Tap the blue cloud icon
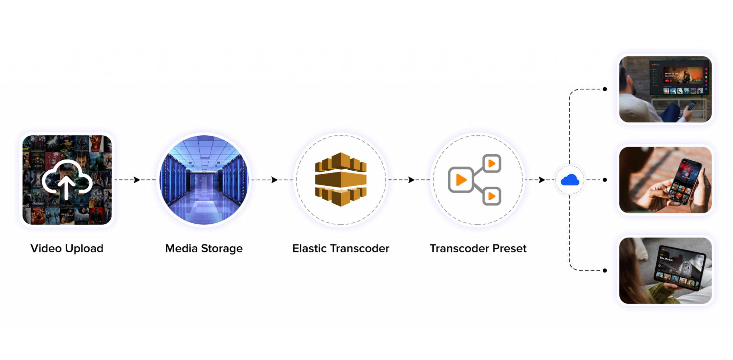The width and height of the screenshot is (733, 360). [x=570, y=180]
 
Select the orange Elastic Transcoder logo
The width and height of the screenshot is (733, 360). [x=341, y=179]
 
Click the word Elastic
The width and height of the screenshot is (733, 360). [x=310, y=248]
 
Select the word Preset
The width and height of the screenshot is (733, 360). [x=509, y=248]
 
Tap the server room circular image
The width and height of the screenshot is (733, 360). [x=204, y=180]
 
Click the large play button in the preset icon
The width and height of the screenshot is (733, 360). [x=461, y=180]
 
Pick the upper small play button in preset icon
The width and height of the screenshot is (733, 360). [x=492, y=164]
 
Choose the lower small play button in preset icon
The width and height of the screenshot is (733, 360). [x=492, y=196]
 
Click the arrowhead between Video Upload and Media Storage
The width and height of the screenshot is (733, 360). [x=137, y=180]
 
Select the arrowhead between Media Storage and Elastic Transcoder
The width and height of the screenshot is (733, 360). [x=274, y=180]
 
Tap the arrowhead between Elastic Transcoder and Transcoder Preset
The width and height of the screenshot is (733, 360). [x=411, y=180]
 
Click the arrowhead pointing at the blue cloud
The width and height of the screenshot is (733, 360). [x=542, y=180]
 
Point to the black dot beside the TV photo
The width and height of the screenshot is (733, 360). [x=605, y=89]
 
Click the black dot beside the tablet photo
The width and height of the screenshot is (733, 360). [x=605, y=271]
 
